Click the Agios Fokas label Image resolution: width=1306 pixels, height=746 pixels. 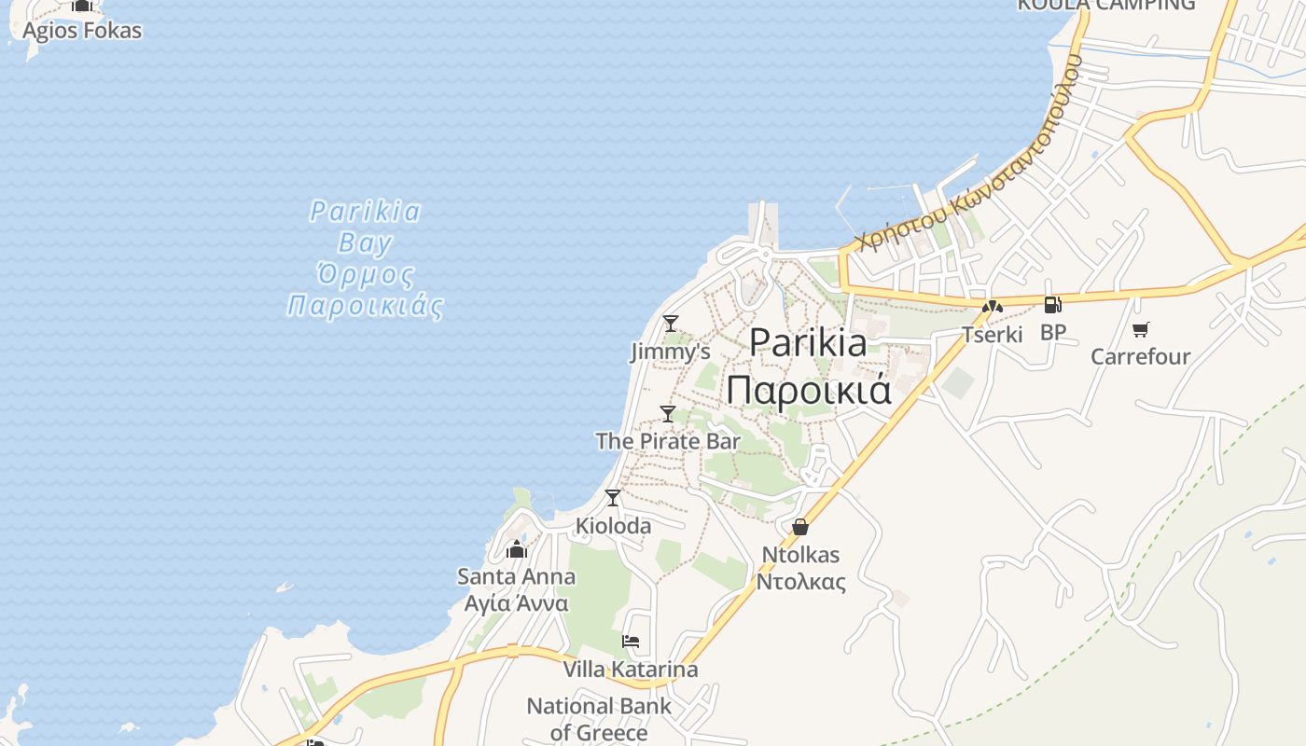tap(82, 31)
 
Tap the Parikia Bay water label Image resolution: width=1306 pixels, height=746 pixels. tap(365, 258)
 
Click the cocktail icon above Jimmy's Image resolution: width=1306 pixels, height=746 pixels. tap(671, 324)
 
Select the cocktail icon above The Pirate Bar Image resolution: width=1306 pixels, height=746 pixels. tap(668, 413)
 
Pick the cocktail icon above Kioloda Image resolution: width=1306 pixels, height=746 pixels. tap(613, 498)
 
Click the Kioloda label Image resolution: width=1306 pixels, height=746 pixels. tap(613, 526)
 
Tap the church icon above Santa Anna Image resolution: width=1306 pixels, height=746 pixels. tap(517, 549)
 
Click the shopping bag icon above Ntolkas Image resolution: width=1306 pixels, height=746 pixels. tap(799, 527)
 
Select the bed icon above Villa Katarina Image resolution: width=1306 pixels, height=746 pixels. tap(631, 642)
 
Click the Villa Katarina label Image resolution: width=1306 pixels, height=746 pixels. tap(630, 670)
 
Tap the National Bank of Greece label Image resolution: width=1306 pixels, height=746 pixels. tap(599, 719)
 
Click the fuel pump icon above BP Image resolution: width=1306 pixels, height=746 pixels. tap(1052, 305)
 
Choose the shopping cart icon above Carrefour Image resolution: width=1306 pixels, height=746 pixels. tap(1140, 329)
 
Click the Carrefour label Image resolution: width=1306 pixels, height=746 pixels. tap(1140, 356)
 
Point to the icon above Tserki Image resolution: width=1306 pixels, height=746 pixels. tap(992, 306)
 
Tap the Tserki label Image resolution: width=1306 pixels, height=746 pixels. tap(992, 334)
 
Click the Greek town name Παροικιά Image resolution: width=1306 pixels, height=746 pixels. tap(809, 390)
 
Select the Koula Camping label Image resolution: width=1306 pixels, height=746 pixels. tap(1105, 6)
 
